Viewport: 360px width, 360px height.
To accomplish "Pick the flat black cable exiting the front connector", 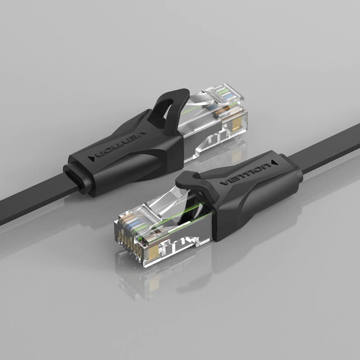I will point(328,146).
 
